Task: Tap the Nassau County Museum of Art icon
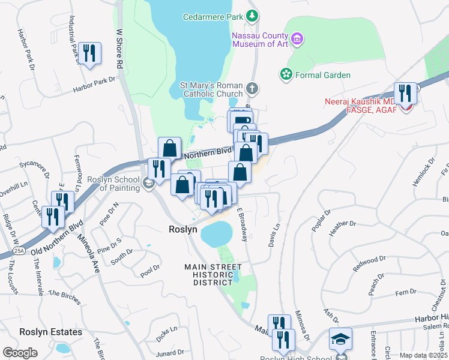(297, 40)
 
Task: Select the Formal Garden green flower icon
(286, 74)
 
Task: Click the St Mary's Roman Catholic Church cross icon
(253, 89)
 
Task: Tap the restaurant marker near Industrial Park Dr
(89, 53)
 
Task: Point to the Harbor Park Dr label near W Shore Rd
(94, 85)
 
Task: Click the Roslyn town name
(182, 229)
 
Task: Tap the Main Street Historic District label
(213, 275)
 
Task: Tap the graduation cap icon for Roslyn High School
(340, 338)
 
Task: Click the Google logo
(20, 353)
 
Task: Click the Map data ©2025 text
(423, 355)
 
